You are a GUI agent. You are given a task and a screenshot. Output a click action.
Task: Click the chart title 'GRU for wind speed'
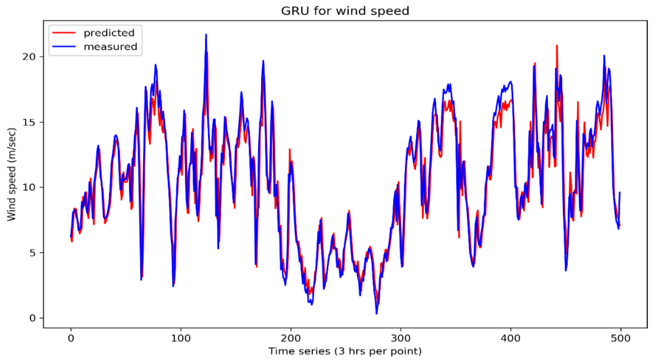point(345,11)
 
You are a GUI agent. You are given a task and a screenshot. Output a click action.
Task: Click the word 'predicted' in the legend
point(109,33)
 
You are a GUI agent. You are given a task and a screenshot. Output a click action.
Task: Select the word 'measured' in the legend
point(110,47)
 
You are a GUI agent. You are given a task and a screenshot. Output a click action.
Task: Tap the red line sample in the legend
point(64,33)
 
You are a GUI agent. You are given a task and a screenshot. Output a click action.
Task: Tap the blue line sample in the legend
point(64,47)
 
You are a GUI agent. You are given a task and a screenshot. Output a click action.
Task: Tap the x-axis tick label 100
point(181,338)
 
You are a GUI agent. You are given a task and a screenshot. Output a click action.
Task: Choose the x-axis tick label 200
point(291,338)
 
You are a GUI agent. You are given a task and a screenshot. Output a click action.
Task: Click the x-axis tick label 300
point(401,338)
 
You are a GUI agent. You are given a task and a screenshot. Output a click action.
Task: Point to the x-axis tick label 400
point(510,338)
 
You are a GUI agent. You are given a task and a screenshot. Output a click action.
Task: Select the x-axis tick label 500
point(620,338)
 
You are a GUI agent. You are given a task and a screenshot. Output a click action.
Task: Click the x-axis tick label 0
point(71,338)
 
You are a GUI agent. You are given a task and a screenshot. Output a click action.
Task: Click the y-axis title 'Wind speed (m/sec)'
point(11,174)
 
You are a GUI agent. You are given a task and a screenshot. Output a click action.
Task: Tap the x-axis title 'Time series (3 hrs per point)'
point(345,351)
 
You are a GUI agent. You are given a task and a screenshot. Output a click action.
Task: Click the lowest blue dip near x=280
point(377,313)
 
